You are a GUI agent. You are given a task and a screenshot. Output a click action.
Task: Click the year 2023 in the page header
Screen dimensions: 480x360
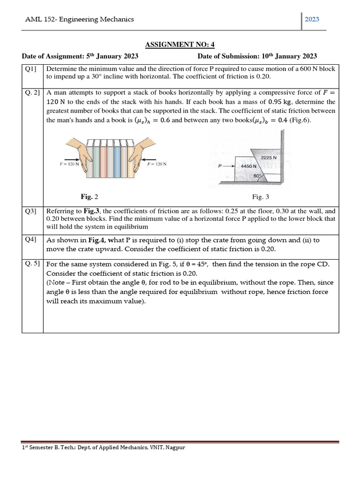point(312,19)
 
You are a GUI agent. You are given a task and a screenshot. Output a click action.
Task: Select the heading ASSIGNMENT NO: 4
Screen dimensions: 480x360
point(180,45)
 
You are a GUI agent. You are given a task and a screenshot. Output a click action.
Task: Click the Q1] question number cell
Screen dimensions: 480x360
point(31,68)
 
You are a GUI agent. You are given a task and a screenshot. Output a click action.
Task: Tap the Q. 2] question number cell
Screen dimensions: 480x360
point(32,93)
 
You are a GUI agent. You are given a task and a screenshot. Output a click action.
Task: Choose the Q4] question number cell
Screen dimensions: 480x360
point(31,240)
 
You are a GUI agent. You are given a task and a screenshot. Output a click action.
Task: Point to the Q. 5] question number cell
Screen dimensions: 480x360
point(32,264)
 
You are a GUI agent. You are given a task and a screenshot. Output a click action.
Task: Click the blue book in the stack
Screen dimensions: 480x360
point(104,160)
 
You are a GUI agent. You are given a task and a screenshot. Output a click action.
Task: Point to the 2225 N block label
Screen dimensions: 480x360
point(269,157)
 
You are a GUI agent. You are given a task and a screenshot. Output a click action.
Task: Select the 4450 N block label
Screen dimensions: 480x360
point(248,166)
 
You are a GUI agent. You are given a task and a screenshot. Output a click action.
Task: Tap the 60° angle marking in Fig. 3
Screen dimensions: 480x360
point(257,176)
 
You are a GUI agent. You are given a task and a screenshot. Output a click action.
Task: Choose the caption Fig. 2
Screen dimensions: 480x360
point(90,196)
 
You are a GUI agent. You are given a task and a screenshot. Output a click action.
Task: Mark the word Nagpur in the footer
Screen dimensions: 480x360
point(175,447)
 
